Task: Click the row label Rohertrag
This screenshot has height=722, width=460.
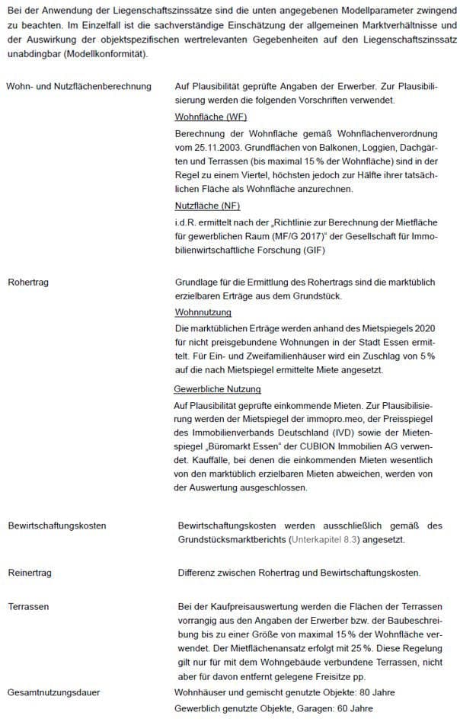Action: [x=28, y=282]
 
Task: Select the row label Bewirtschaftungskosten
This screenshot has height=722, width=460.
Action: [x=57, y=526]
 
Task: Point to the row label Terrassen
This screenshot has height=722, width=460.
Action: [x=28, y=606]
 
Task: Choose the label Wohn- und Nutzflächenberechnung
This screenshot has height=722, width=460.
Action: [x=78, y=87]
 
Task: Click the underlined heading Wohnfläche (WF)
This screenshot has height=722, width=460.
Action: [x=211, y=117]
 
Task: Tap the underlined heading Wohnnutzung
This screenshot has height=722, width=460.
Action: [x=203, y=312]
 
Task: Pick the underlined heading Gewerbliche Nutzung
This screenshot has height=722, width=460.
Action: [x=217, y=389]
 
